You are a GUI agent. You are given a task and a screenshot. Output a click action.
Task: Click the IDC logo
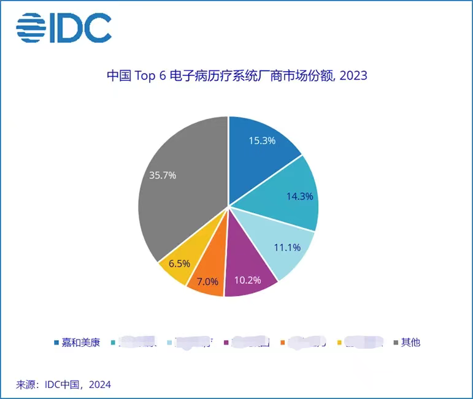click(64, 28)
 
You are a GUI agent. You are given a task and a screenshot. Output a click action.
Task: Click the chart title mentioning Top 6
click(237, 76)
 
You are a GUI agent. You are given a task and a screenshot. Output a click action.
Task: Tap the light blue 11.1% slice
click(280, 245)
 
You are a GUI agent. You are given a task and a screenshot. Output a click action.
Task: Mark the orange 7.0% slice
click(206, 279)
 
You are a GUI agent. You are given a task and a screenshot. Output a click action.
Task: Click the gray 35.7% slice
click(178, 184)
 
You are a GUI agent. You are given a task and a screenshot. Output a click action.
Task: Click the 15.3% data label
click(262, 140)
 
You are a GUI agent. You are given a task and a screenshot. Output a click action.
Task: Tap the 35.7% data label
click(163, 175)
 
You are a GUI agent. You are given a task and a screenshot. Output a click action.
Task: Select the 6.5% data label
click(179, 264)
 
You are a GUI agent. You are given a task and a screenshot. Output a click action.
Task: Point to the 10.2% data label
click(247, 280)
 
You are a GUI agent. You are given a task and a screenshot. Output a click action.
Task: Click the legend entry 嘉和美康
click(80, 343)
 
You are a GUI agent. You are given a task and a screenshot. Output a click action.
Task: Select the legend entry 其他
click(410, 343)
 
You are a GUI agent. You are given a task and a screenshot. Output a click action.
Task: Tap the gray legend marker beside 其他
click(396, 343)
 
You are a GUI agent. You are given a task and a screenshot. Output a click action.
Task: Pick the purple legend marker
click(228, 343)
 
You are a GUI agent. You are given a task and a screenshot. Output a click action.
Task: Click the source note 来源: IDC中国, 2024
click(63, 385)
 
